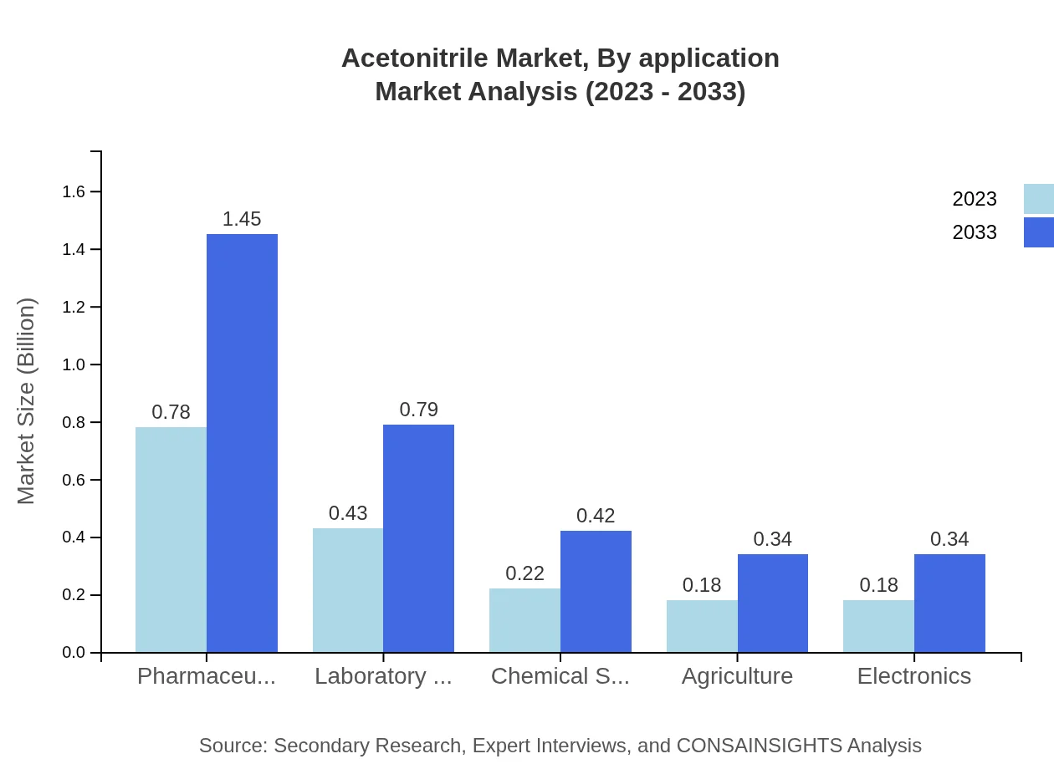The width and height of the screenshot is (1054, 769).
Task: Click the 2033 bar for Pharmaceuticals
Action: (x=242, y=443)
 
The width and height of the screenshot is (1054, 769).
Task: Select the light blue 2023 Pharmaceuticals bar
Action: (x=171, y=539)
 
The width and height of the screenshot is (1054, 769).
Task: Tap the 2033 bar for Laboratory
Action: (x=418, y=538)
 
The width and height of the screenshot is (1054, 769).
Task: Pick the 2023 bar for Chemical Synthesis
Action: (x=524, y=620)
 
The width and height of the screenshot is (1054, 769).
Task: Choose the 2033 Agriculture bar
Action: (x=773, y=603)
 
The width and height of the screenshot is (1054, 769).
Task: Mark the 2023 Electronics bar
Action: (x=878, y=626)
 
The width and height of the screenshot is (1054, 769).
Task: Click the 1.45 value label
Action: (x=242, y=219)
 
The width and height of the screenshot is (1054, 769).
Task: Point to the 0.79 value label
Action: (x=418, y=410)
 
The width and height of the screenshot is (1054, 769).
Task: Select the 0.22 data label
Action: (x=524, y=573)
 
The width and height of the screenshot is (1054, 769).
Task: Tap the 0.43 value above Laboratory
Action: (x=348, y=513)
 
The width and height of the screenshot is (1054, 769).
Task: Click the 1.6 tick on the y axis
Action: (x=74, y=192)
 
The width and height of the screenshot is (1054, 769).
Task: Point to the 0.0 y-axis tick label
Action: (x=74, y=653)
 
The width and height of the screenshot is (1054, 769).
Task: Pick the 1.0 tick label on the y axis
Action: (x=74, y=365)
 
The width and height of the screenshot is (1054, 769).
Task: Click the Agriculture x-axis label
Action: (x=737, y=676)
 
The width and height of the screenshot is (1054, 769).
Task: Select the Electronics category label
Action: (x=913, y=676)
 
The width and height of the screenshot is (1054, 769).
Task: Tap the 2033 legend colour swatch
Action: (x=1038, y=232)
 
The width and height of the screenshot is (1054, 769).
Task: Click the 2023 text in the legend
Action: (x=975, y=199)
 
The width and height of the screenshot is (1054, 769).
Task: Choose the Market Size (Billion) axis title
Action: (x=27, y=401)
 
